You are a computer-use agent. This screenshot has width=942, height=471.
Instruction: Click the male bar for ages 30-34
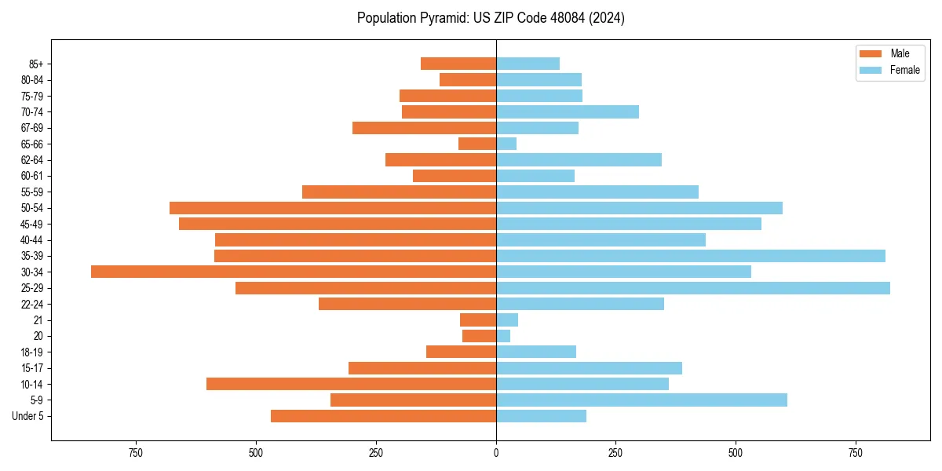[294, 272]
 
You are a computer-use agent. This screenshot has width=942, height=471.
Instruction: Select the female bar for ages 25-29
[692, 288]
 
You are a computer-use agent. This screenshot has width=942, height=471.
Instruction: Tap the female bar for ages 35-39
[690, 256]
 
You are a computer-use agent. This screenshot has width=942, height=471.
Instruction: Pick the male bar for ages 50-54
[333, 208]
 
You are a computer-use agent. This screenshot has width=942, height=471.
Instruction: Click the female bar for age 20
[503, 336]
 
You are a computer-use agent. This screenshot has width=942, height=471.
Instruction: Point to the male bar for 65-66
[477, 144]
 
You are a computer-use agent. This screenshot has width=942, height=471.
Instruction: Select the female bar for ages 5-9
[641, 400]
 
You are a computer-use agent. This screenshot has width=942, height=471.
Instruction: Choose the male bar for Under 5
[383, 416]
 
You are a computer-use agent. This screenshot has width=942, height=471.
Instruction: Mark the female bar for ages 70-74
[567, 112]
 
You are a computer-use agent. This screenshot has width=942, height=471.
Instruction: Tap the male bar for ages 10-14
[351, 384]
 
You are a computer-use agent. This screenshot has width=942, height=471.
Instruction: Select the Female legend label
[904, 70]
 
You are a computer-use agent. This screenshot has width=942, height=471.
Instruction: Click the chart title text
[491, 18]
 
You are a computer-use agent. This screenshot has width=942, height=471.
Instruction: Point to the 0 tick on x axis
[496, 453]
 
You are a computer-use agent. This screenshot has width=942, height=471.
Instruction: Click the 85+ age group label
[36, 64]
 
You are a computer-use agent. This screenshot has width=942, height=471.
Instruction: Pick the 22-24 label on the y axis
[32, 304]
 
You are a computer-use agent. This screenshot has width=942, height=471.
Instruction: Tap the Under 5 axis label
[27, 416]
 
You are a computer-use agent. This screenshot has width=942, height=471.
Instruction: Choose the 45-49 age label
[32, 224]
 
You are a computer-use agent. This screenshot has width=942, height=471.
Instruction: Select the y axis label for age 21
[38, 320]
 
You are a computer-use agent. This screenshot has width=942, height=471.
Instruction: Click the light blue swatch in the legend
[871, 70]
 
